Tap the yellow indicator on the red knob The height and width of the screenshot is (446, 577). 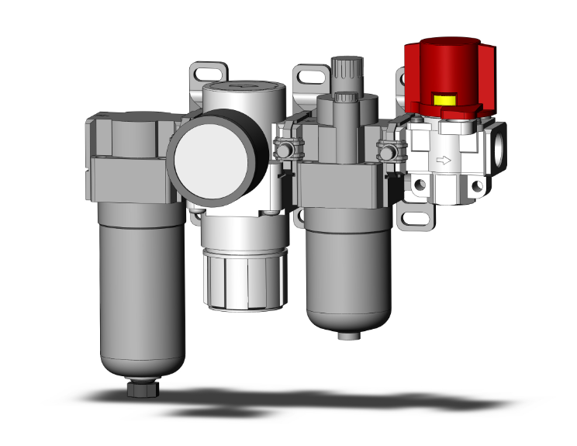(x=445, y=99)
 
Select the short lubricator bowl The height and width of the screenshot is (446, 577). (x=344, y=271)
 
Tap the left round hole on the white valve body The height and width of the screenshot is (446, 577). (x=420, y=185)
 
